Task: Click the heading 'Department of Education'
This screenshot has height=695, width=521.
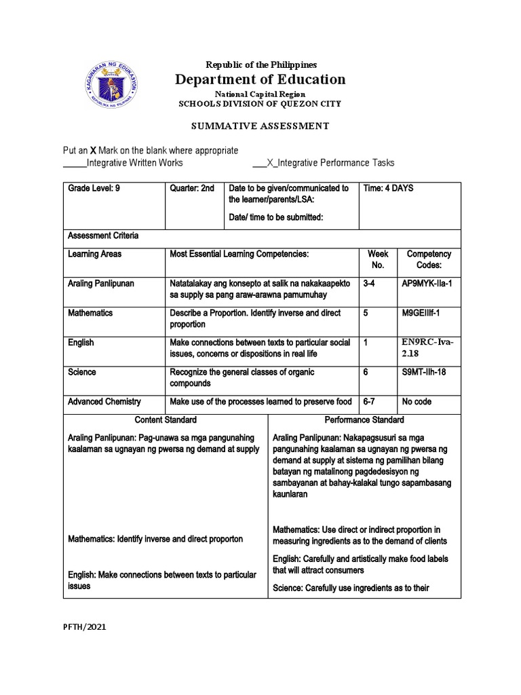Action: click(260, 79)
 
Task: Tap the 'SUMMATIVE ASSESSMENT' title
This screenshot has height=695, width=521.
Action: click(260, 126)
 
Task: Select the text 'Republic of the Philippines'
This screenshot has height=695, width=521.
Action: click(260, 64)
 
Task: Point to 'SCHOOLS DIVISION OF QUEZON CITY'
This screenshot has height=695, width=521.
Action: click(260, 104)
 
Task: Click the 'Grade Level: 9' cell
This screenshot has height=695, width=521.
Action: click(94, 188)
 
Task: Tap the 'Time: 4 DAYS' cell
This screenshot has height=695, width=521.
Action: click(388, 188)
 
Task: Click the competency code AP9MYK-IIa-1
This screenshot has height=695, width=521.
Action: click(427, 283)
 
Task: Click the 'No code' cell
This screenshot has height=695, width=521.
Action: click(417, 402)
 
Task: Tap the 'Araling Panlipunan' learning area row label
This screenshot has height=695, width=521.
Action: click(101, 283)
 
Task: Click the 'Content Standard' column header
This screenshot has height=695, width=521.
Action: click(166, 419)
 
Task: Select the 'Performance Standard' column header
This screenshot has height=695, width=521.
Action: click(364, 419)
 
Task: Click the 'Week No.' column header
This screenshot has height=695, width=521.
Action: click(378, 259)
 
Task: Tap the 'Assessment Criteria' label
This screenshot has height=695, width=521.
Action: click(103, 236)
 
